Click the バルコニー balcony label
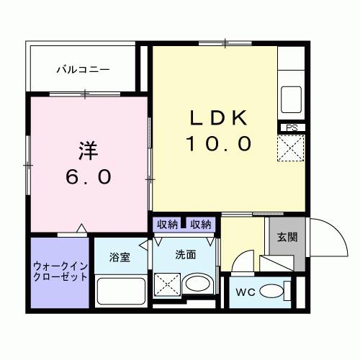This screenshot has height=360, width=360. (84, 70)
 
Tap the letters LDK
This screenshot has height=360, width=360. (219, 117)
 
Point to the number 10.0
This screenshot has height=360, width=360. (219, 144)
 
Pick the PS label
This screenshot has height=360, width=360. (292, 127)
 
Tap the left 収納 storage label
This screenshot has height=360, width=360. (167, 225)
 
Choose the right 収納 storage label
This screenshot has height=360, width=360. (201, 225)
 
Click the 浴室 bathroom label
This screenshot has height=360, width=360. (120, 257)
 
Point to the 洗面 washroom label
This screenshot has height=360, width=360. (185, 254)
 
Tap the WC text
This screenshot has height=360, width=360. (245, 292)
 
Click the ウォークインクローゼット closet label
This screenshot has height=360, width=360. (60, 271)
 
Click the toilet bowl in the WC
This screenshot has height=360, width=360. (271, 292)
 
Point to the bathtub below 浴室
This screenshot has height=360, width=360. (120, 292)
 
